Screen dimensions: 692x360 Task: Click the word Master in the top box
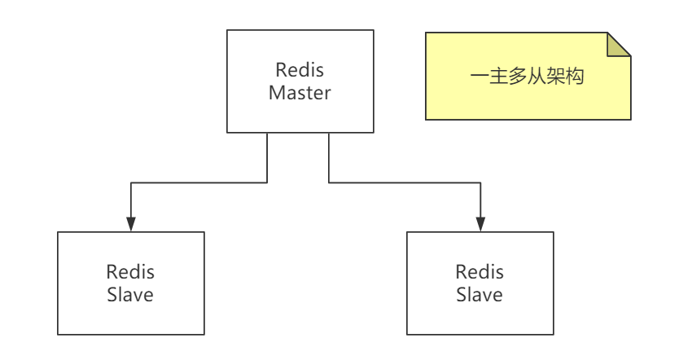click(300, 93)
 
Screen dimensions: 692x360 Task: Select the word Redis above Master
click(300, 70)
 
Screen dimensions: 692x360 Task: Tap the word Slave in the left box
click(130, 295)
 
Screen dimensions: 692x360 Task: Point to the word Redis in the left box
click(130, 272)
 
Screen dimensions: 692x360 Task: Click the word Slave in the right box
click(480, 295)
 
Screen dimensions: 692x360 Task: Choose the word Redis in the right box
click(480, 272)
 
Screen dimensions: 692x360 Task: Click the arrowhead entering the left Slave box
click(130, 225)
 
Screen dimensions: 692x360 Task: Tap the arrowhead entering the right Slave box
click(480, 225)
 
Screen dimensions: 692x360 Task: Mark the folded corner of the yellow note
click(619, 44)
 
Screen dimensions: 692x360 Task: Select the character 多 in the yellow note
click(518, 76)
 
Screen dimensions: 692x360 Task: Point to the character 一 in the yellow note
click(480, 76)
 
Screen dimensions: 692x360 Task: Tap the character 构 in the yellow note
click(575, 76)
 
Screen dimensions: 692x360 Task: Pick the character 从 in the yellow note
click(537, 76)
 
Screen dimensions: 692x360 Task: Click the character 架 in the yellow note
click(555, 76)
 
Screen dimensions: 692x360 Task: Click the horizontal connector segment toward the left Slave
click(199, 182)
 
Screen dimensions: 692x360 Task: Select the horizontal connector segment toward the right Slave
click(405, 182)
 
